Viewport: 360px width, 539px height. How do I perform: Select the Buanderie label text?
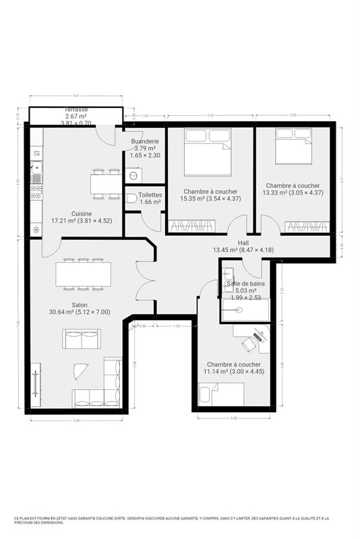click(x=144, y=141)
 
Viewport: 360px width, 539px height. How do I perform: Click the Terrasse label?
click(x=76, y=110)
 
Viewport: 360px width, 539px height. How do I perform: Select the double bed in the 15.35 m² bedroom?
click(x=208, y=150)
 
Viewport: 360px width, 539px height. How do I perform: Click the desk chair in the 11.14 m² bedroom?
click(x=249, y=344)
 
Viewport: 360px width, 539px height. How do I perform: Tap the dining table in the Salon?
click(x=83, y=274)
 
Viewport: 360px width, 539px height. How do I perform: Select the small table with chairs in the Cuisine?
click(x=106, y=184)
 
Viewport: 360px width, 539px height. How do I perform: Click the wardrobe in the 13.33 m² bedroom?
click(x=306, y=226)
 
